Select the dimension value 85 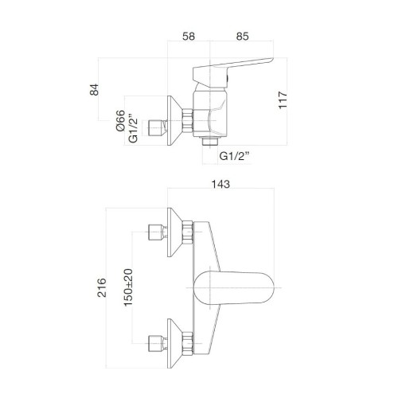pos(244,37)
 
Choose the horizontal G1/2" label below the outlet pos(235,158)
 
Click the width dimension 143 pos(220,185)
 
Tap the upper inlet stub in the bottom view pos(156,232)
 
